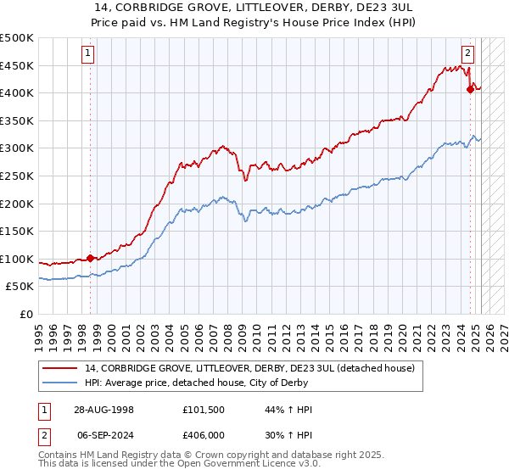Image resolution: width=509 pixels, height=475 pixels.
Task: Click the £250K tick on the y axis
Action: point(18,176)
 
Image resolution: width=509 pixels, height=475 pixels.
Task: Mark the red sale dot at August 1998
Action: point(91,258)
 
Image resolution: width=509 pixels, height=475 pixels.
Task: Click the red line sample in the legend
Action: point(59,368)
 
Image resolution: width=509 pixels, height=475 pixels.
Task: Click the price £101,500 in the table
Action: point(203,409)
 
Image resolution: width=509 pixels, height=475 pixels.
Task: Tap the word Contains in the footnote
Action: point(60,455)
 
